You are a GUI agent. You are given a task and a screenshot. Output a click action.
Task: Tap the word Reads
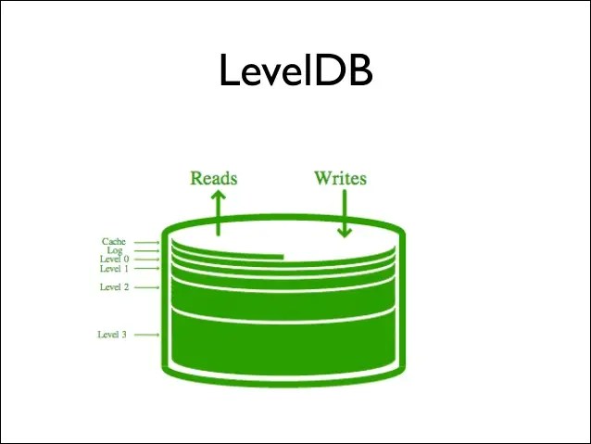[214, 177]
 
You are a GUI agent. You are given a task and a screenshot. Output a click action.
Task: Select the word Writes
[340, 177]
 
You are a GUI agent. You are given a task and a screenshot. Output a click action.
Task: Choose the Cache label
[114, 242]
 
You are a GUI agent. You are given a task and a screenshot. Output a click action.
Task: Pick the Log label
[116, 251]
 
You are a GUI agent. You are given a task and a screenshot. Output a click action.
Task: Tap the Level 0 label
[114, 260]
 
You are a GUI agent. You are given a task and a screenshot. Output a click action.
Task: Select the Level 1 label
[114, 269]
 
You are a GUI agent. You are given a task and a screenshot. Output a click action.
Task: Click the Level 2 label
[114, 287]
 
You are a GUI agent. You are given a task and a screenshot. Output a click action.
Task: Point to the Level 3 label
[112, 334]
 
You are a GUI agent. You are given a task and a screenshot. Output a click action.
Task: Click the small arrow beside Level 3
[146, 334]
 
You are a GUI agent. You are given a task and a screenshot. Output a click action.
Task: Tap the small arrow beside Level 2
[146, 287]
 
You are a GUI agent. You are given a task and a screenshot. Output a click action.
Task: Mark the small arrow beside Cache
[146, 243]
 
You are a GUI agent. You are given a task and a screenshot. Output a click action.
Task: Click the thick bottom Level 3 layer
[283, 343]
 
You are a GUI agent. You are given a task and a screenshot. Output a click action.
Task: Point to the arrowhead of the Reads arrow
[218, 196]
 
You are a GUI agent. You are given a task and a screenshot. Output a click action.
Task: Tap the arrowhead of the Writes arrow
[345, 232]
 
